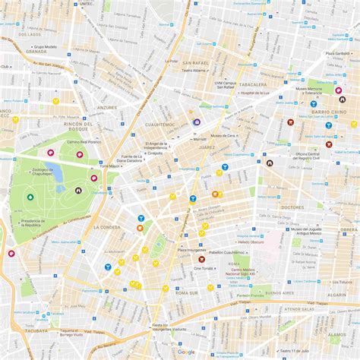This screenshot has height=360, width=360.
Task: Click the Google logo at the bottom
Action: click(x=185, y=352)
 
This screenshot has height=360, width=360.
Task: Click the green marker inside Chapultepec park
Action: click(x=30, y=197)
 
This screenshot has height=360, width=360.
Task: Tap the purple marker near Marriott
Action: click(x=197, y=122)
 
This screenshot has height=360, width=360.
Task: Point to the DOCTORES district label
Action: click(x=292, y=207)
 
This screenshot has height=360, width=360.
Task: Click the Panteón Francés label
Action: click(x=254, y=295)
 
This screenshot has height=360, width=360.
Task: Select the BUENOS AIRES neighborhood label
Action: click(x=279, y=292)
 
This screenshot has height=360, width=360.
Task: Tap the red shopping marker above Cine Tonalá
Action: click(x=202, y=259)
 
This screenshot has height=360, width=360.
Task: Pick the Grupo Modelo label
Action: click(x=46, y=47)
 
